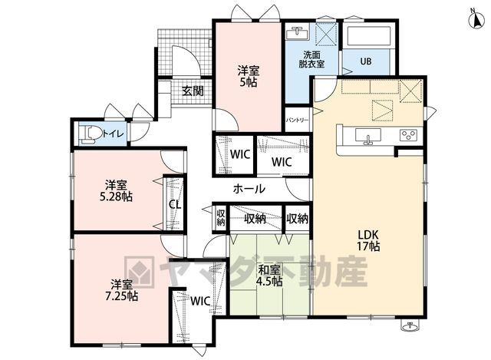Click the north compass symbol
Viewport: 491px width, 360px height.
476,19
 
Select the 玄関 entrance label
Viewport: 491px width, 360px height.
193,91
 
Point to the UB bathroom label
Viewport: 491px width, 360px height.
365,61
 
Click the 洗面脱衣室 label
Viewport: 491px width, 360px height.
311,59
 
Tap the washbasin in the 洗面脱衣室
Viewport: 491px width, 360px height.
298,33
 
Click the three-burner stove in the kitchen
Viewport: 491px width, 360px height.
410,135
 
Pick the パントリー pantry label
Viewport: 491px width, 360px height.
297,121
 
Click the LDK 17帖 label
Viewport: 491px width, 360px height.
368,240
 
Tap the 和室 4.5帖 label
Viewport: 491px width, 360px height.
269,276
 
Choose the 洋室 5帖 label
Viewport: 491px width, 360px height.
249,76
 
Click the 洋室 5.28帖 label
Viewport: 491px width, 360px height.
116,191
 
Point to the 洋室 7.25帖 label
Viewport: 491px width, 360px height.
121,290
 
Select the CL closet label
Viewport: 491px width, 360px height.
175,205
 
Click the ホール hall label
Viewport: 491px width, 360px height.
249,189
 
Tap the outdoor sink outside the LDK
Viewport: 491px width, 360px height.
409,326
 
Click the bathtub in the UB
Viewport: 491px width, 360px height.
368,36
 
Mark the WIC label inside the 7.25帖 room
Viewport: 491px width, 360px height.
200,301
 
